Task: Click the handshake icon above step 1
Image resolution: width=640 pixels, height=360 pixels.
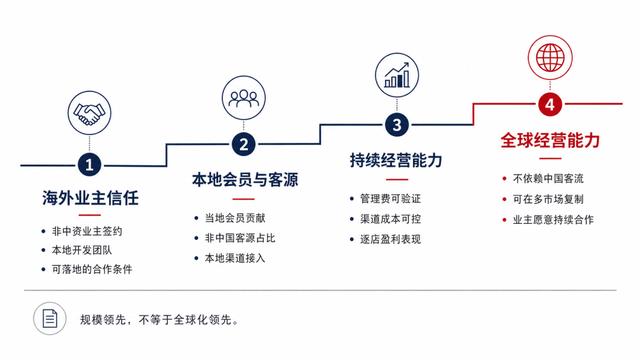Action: [x=89, y=113]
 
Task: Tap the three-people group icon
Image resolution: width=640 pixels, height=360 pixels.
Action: [x=244, y=98]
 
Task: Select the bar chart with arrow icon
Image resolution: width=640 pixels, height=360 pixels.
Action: [x=397, y=75]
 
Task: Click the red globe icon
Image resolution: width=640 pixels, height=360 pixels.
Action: [x=550, y=58]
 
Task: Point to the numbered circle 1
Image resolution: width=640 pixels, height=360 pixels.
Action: [x=89, y=165]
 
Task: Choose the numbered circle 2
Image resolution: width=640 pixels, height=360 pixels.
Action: [x=244, y=144]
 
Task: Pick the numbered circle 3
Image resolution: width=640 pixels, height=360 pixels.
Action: [x=397, y=124]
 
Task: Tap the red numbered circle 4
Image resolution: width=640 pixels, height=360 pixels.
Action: [x=550, y=104]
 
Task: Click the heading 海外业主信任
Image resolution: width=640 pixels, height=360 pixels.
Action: [x=90, y=198]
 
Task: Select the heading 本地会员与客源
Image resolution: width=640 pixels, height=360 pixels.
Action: [x=245, y=180]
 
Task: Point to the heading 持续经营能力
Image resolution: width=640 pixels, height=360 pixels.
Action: [x=396, y=160]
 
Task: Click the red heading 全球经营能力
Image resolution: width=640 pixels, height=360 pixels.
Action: [x=550, y=140]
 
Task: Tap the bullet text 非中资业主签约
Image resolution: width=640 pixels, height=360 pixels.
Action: [x=87, y=231]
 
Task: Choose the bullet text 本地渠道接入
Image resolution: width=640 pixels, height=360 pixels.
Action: [x=235, y=258]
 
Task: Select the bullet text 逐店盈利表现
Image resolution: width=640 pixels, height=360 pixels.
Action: [x=390, y=239]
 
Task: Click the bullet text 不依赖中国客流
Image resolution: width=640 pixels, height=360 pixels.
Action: [x=548, y=178]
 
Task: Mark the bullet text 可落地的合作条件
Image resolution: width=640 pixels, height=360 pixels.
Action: [x=92, y=269]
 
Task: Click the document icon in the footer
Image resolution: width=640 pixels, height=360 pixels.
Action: [x=50, y=318]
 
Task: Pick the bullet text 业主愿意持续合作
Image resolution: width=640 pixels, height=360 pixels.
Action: [x=553, y=220]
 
